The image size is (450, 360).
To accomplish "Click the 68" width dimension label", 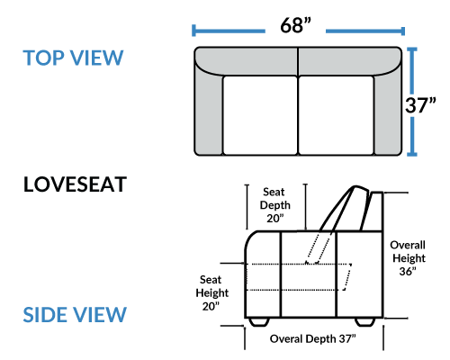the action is click(x=295, y=25).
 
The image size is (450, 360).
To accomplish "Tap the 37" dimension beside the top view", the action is click(x=420, y=105).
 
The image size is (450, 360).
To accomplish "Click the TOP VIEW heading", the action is click(x=73, y=58).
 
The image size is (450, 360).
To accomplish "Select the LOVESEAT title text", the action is click(x=75, y=184).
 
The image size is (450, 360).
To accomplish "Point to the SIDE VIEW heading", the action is click(x=75, y=315).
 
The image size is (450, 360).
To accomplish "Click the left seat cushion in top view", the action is click(x=260, y=115).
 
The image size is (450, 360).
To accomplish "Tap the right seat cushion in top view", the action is click(x=337, y=115).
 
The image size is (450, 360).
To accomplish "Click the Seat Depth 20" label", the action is click(x=275, y=205).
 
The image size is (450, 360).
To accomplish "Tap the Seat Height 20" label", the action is click(x=211, y=292).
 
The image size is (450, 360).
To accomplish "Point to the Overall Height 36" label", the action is click(x=408, y=258).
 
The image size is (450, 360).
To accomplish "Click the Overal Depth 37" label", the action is click(x=312, y=339).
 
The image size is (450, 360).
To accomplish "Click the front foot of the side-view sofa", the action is click(x=259, y=322).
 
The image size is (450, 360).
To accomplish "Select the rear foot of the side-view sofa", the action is click(x=365, y=322).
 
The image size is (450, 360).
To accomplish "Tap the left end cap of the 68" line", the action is click(x=193, y=31).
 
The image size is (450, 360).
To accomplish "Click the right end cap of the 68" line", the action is click(x=403, y=31).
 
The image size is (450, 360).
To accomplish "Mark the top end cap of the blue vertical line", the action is click(x=412, y=49).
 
